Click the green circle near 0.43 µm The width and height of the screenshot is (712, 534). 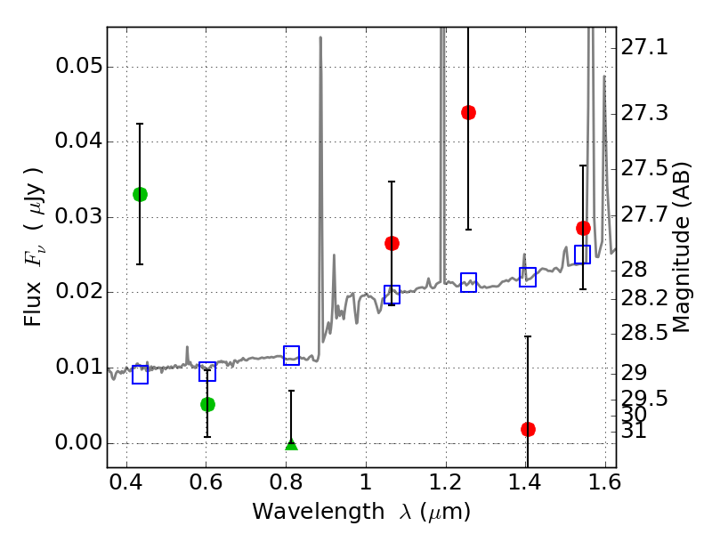click(140, 194)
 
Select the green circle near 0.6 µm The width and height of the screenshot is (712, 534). click(207, 404)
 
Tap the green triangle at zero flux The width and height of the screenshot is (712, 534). click(291, 442)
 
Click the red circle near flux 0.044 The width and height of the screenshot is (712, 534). click(468, 112)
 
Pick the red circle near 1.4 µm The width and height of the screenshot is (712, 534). click(528, 429)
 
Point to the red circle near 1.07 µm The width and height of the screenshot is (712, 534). click(392, 243)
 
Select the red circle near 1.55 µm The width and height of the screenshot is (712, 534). click(583, 228)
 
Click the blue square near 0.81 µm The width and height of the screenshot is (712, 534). click(291, 355)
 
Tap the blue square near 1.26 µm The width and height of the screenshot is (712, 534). click(468, 282)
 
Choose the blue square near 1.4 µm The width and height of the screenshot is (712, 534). click(528, 277)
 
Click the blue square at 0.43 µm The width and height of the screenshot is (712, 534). click(140, 375)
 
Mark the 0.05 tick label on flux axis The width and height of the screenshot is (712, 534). click(77, 67)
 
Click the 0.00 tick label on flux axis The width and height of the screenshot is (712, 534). click(77, 443)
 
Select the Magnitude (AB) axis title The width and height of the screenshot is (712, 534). click(683, 247)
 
